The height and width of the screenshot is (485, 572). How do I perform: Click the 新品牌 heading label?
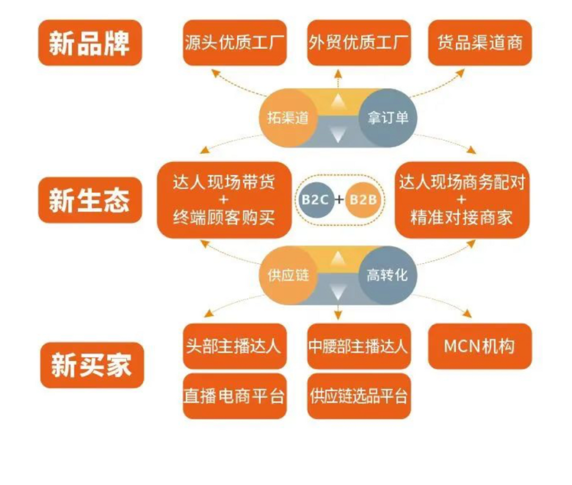tap(90, 43)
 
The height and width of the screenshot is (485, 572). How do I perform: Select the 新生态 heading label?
tap(90, 200)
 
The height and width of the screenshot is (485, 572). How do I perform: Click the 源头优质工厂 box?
tap(235, 43)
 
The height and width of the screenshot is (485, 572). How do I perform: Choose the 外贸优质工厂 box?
tap(359, 43)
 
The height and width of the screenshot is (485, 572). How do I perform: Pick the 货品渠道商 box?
tap(480, 43)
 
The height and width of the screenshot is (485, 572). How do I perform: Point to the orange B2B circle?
tap(364, 199)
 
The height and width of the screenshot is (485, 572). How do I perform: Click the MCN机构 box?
tap(480, 346)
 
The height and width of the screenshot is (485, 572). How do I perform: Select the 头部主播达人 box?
tap(235, 346)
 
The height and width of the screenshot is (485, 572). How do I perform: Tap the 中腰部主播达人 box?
tap(359, 346)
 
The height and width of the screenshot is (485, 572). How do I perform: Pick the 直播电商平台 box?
tap(235, 396)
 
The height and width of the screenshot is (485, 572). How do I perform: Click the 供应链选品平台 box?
tap(359, 396)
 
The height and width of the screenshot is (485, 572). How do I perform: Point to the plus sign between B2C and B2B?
tap(340, 199)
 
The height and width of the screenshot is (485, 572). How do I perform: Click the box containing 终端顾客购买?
tap(225, 200)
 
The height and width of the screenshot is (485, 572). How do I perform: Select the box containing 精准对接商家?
tap(461, 200)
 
